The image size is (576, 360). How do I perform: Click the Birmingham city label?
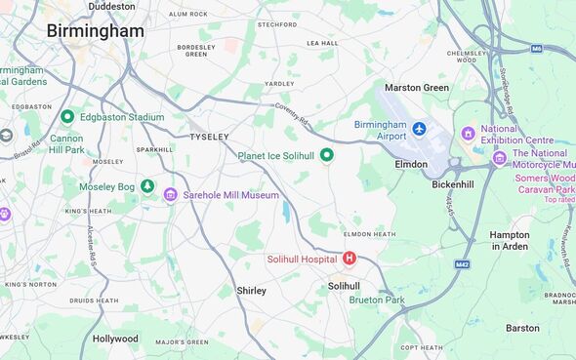(95, 31)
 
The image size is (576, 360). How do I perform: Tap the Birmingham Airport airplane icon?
(420, 129)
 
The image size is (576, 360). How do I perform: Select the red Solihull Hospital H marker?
(350, 259)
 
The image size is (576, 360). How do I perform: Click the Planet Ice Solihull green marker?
(327, 155)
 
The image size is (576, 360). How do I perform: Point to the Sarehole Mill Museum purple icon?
(171, 195)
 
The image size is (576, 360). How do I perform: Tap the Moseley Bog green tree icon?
(147, 185)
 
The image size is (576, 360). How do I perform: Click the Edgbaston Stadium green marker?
(67, 117)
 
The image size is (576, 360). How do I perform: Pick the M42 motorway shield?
(463, 263)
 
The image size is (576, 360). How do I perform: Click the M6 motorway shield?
(537, 48)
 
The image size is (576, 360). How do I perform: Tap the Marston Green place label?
(417, 88)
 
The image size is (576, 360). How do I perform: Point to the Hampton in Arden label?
(510, 241)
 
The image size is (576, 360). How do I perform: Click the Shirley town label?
(251, 291)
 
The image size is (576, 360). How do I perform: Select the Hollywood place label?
(115, 339)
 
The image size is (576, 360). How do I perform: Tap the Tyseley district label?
(208, 137)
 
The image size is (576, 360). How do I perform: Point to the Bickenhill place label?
(453, 184)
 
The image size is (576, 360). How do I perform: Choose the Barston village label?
(522, 328)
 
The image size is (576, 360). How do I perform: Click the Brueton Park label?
(377, 300)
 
